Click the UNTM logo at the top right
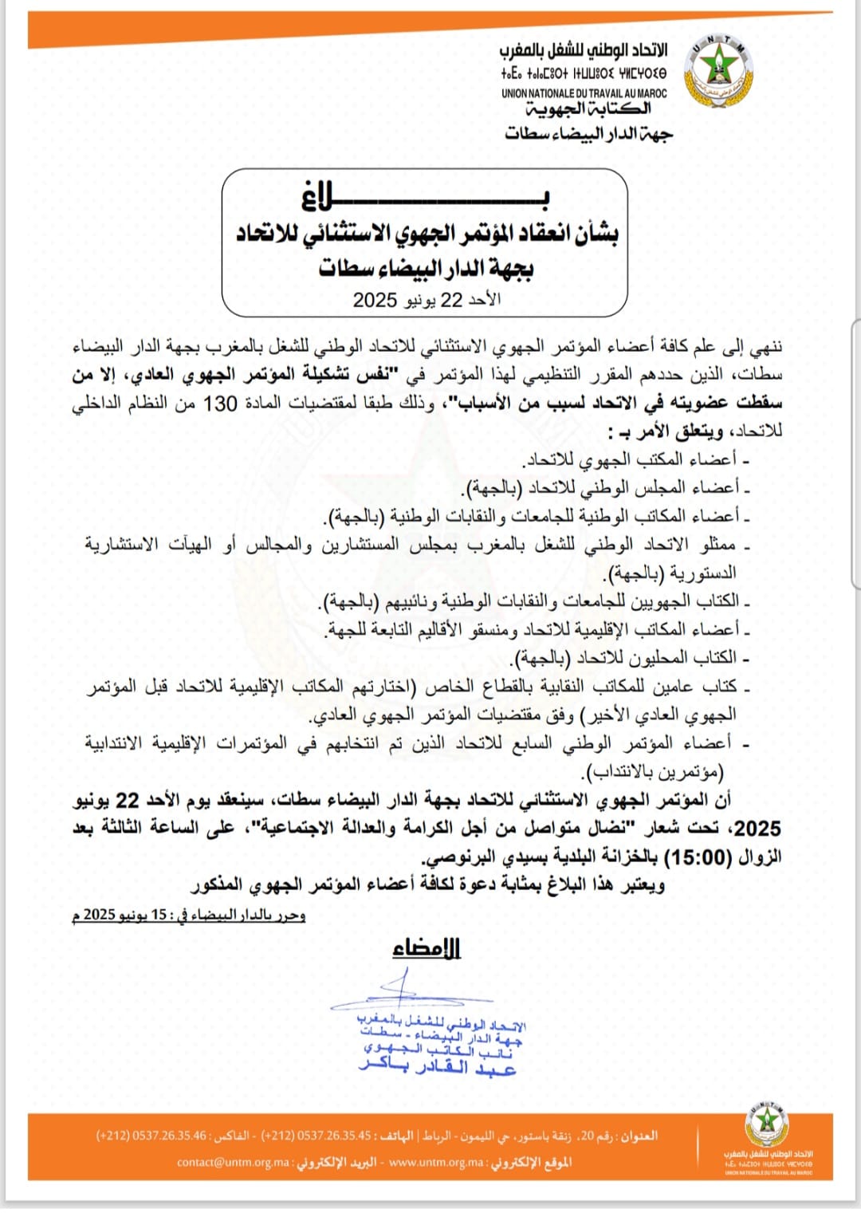click(719, 70)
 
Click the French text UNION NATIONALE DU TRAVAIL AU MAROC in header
click(584, 93)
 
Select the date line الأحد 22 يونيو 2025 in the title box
click(427, 300)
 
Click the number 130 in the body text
click(220, 404)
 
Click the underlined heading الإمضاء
click(427, 948)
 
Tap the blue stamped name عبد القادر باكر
click(438, 1067)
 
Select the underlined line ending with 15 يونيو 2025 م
click(189, 915)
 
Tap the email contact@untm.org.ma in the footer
click(233, 1162)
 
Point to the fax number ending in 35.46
click(151, 1135)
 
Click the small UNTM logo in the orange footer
click(767, 1124)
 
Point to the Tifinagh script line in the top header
click(584, 73)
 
